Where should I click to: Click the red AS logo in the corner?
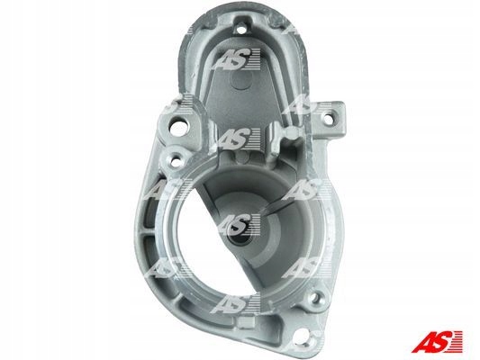point(438,341)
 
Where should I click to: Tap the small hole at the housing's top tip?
point(242,30)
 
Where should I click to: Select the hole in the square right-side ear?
point(329,119)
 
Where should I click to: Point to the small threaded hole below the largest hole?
point(176,161)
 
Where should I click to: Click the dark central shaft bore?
point(240,237)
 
